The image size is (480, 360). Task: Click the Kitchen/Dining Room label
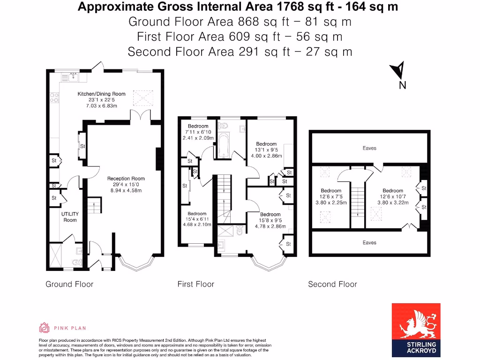point(101,94)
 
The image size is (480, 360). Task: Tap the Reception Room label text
point(126,179)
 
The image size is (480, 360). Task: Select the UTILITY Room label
point(70,217)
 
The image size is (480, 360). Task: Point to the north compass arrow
point(398,71)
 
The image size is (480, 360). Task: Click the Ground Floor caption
point(69,284)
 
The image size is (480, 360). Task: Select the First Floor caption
point(195,284)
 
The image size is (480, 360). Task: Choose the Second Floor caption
point(332,284)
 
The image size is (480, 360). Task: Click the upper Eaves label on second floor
point(369,148)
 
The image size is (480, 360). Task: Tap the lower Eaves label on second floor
point(369,243)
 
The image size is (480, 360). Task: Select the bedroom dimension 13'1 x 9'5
point(266,150)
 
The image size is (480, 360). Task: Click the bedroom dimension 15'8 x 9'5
point(270,220)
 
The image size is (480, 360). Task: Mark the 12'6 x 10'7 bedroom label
point(392,197)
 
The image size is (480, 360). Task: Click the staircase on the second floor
point(358,202)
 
